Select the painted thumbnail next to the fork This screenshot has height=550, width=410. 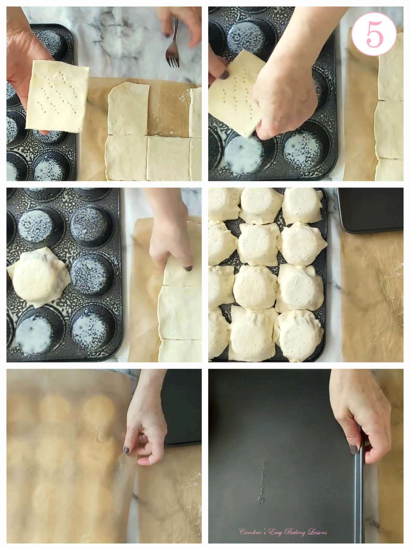point(167,35)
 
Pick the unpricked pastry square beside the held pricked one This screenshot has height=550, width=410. point(128,109)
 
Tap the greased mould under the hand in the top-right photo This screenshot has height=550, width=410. point(243,154)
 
